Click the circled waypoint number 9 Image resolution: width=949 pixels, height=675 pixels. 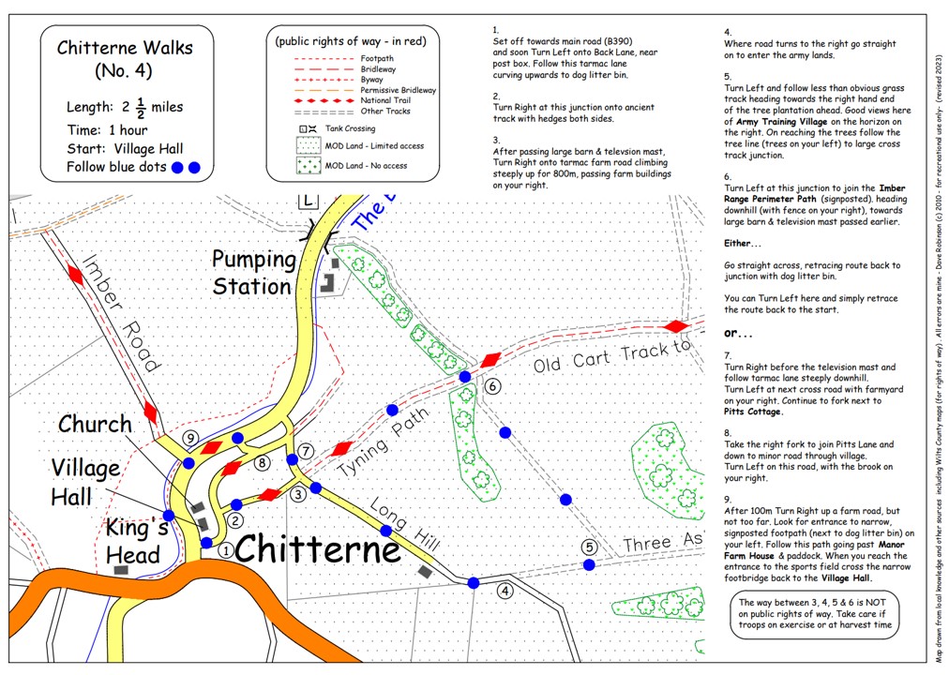pos(190,438)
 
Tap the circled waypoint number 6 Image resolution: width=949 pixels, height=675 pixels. pos(493,386)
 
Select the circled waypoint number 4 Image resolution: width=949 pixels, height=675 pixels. pos(505,591)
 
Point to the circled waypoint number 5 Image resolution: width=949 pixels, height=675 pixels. pos(589,547)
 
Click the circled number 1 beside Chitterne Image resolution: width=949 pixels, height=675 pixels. pos(226,550)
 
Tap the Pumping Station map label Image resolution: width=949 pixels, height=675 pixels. pos(253,273)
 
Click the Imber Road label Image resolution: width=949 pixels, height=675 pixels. pos(122,313)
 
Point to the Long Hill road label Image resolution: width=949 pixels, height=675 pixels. pos(403,524)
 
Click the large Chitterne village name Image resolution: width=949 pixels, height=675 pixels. pos(318,549)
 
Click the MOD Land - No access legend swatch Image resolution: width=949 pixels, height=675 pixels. pos(309,166)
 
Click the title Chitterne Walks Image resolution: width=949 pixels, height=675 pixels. pos(125,48)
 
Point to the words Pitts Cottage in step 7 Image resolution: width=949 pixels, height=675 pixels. pos(752,412)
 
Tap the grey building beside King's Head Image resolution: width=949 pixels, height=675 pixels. pos(121,570)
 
